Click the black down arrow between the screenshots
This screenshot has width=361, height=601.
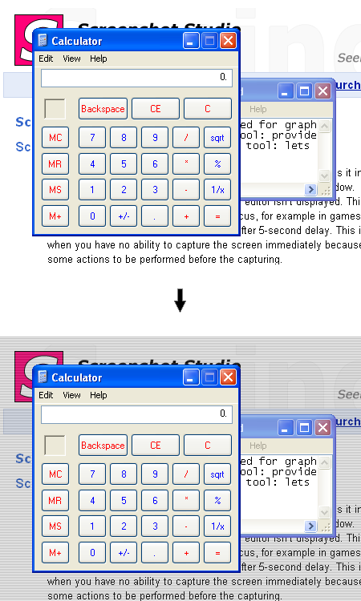click(x=180, y=300)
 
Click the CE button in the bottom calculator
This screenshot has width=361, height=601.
click(x=155, y=445)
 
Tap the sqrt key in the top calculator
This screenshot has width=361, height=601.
click(x=217, y=137)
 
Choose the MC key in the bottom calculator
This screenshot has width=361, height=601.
click(x=55, y=474)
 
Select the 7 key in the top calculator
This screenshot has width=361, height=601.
click(x=92, y=137)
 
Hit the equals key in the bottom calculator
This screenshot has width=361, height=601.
click(x=217, y=552)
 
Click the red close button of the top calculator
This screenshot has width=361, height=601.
click(x=228, y=40)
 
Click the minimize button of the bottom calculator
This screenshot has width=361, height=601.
click(x=191, y=377)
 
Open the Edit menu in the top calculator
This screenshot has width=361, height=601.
click(x=46, y=58)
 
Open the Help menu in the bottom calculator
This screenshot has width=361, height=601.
click(x=98, y=395)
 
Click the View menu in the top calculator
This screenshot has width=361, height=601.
click(x=71, y=58)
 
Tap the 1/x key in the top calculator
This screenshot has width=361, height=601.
click(x=217, y=190)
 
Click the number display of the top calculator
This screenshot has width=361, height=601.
click(x=136, y=78)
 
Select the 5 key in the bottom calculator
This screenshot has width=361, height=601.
click(x=124, y=500)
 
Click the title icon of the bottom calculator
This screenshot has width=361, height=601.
click(x=43, y=377)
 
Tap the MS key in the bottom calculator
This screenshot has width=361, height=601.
click(x=55, y=526)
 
